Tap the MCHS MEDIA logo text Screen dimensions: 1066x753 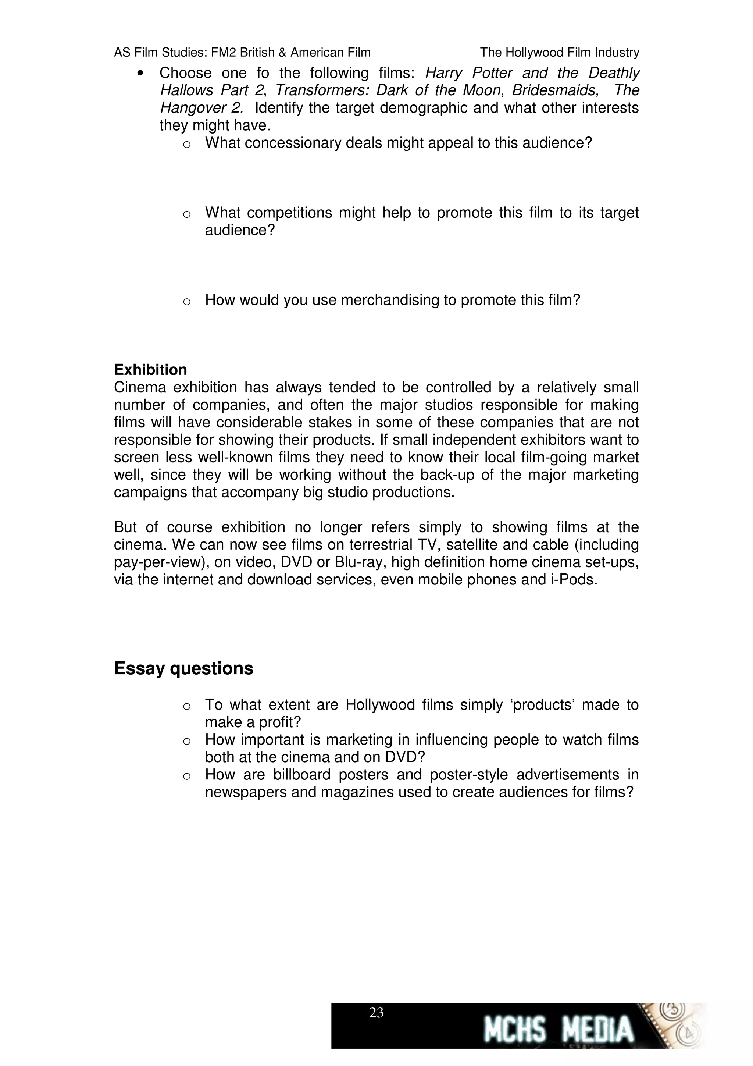tap(558, 1029)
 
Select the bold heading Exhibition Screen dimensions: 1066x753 tap(150, 370)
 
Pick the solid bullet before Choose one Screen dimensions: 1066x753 tap(140, 73)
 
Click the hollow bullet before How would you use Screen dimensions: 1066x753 tap(186, 302)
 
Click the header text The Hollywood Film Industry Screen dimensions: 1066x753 tap(559, 53)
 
